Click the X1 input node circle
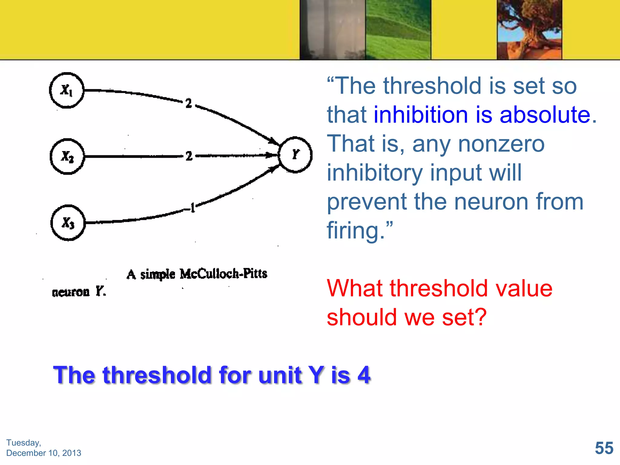click(x=67, y=90)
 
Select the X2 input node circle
click(x=67, y=157)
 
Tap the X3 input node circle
click(x=68, y=223)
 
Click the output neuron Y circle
click(x=295, y=155)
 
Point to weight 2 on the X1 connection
click(x=189, y=104)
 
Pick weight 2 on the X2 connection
click(x=189, y=156)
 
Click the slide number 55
click(x=604, y=448)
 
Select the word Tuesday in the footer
click(x=23, y=443)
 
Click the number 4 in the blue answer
click(x=364, y=375)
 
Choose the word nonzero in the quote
click(x=501, y=144)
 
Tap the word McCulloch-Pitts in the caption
click(x=223, y=274)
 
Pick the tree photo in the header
click(x=529, y=30)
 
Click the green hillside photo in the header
click(x=398, y=30)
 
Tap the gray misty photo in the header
click(x=332, y=30)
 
